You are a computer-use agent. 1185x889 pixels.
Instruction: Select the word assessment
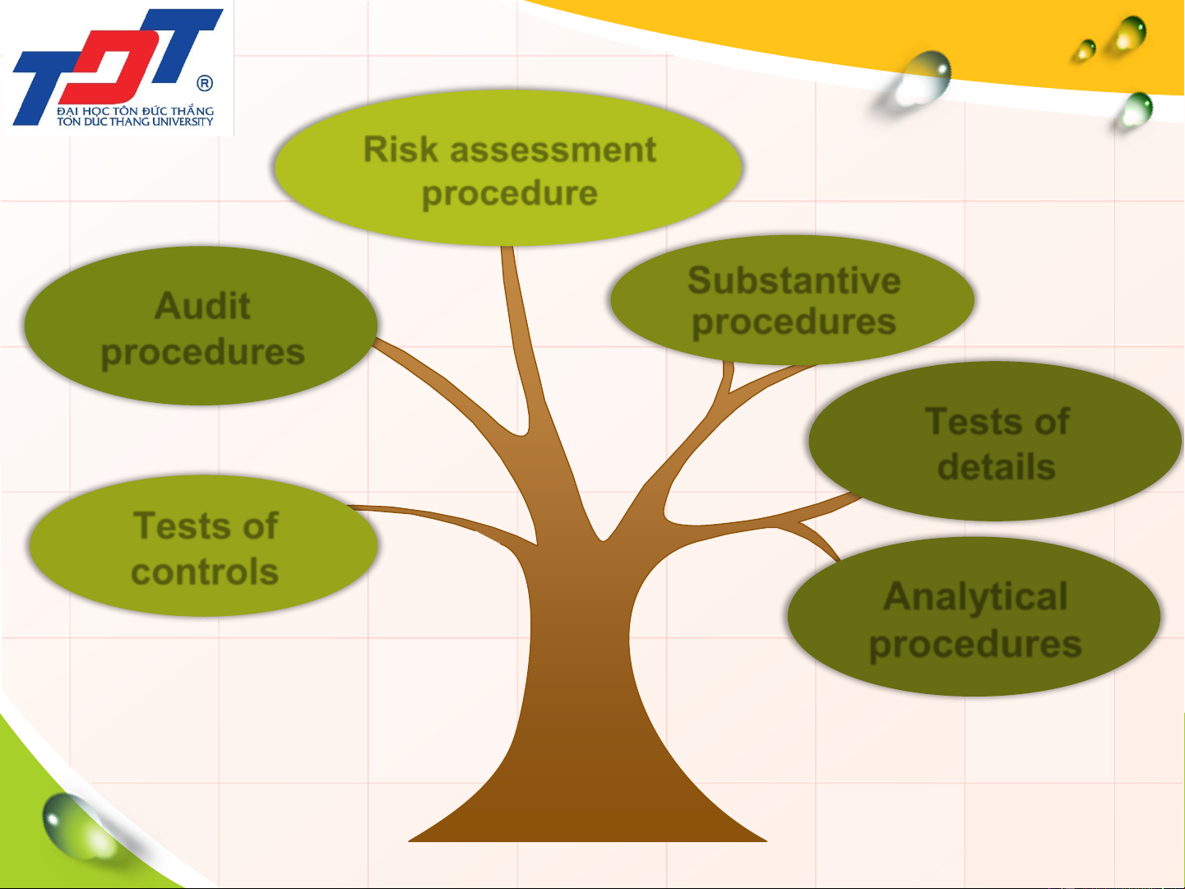point(553,150)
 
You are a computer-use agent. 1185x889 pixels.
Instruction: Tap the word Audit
point(202,305)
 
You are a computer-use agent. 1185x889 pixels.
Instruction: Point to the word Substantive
point(794,280)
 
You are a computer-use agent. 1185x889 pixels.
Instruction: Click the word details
point(997,466)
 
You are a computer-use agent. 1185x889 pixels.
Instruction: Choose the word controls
point(205,571)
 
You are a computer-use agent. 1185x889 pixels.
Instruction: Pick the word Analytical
point(975,596)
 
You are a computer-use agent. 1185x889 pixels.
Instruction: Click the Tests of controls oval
point(203,546)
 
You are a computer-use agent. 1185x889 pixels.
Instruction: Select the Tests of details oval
point(995,441)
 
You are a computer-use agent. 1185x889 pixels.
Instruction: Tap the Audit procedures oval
point(201,326)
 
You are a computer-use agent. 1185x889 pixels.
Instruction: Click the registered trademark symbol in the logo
point(205,83)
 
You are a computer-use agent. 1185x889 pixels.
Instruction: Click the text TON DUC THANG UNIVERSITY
point(135,122)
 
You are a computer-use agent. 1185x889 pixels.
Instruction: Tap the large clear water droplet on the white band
point(920,78)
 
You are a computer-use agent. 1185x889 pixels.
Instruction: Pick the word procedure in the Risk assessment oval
point(510,194)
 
